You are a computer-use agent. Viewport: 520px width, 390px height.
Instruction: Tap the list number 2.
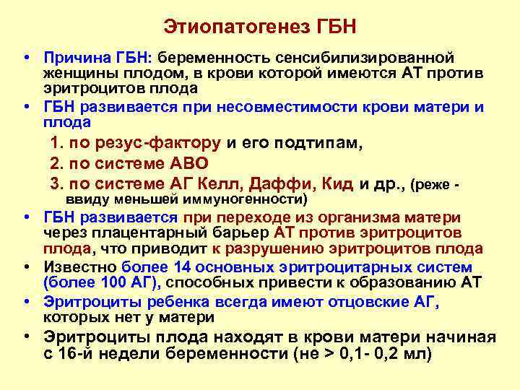(x=56, y=163)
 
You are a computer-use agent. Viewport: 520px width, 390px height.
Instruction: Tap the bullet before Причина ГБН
(x=25, y=56)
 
